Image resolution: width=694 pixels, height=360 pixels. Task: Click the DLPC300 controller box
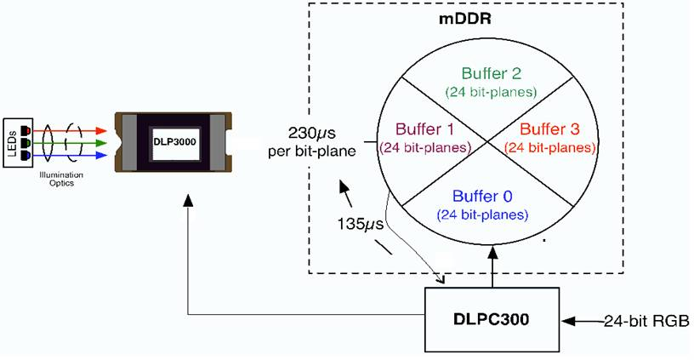click(x=492, y=319)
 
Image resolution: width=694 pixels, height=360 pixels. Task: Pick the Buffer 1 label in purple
click(x=424, y=129)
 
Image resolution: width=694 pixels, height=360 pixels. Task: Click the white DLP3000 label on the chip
click(x=174, y=141)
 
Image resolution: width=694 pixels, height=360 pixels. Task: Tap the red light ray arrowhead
click(x=103, y=132)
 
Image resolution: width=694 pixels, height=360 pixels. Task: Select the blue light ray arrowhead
click(x=103, y=156)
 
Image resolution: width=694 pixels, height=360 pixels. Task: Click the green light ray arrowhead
click(x=103, y=144)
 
